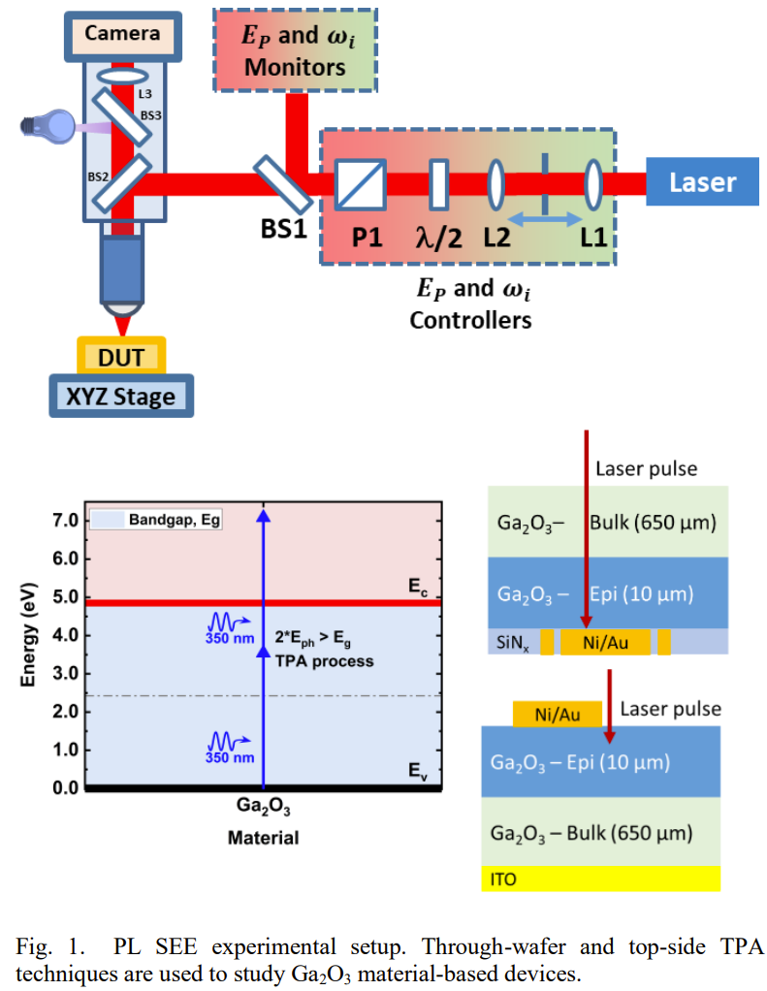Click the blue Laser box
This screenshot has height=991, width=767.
click(x=702, y=182)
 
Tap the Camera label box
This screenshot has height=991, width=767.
click(x=121, y=34)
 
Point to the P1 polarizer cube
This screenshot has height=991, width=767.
click(x=360, y=184)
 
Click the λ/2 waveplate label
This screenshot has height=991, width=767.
click(x=436, y=238)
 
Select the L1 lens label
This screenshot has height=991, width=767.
click(x=592, y=238)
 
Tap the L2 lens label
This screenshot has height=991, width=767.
click(x=496, y=238)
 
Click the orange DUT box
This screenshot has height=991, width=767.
click(x=121, y=357)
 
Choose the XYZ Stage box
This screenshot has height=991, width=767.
click(x=121, y=396)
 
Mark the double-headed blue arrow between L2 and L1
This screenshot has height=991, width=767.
click(x=545, y=220)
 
